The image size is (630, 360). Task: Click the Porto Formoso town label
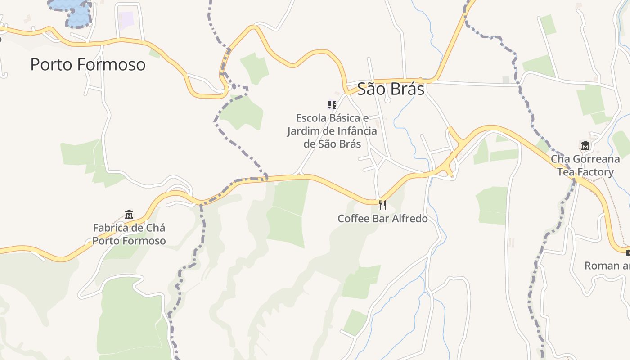(88, 64)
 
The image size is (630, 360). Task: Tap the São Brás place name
(391, 89)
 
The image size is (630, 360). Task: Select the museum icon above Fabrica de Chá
(129, 214)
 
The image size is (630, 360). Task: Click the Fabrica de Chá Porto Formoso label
(129, 234)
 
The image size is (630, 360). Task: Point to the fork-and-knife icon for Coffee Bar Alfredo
(382, 205)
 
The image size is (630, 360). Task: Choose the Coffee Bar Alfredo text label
(382, 219)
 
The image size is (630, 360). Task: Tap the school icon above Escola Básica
(332, 105)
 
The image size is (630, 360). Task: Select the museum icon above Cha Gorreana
(585, 146)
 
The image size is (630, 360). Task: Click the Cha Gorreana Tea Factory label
(585, 166)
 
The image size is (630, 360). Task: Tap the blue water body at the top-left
(72, 9)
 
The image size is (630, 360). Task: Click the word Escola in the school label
(310, 118)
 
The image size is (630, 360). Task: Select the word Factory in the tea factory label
(595, 172)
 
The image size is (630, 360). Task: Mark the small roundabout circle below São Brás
(387, 100)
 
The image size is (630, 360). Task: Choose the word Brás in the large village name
(407, 89)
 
